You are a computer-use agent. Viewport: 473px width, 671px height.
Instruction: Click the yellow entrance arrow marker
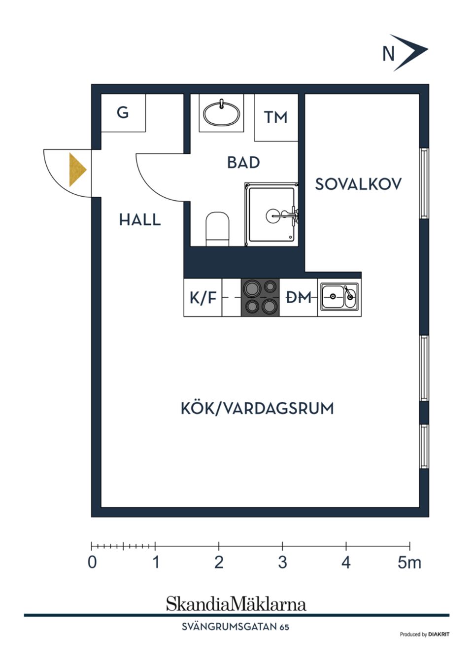77,170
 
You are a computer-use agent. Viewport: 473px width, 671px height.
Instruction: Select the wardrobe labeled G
123,113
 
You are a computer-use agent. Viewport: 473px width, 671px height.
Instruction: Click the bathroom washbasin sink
222,114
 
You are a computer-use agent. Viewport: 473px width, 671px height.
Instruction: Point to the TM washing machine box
275,117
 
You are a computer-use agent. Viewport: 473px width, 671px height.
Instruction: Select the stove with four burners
260,297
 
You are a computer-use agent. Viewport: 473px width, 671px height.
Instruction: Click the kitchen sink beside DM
339,297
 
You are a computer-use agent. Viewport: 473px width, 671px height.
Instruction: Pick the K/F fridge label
203,298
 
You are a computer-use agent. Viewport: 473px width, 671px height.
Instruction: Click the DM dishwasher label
299,297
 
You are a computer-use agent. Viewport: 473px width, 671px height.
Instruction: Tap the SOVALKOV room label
358,184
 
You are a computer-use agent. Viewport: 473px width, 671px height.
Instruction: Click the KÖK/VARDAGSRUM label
257,409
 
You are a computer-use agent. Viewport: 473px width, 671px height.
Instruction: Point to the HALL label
140,220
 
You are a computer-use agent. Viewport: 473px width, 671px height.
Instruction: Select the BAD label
243,163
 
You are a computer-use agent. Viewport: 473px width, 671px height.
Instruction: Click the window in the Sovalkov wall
423,183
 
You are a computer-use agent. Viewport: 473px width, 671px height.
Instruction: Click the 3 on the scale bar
282,563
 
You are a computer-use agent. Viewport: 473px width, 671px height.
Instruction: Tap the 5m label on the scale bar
409,563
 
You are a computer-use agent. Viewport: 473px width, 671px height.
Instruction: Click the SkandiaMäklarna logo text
236,604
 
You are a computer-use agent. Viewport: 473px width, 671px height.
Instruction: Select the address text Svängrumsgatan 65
236,627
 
